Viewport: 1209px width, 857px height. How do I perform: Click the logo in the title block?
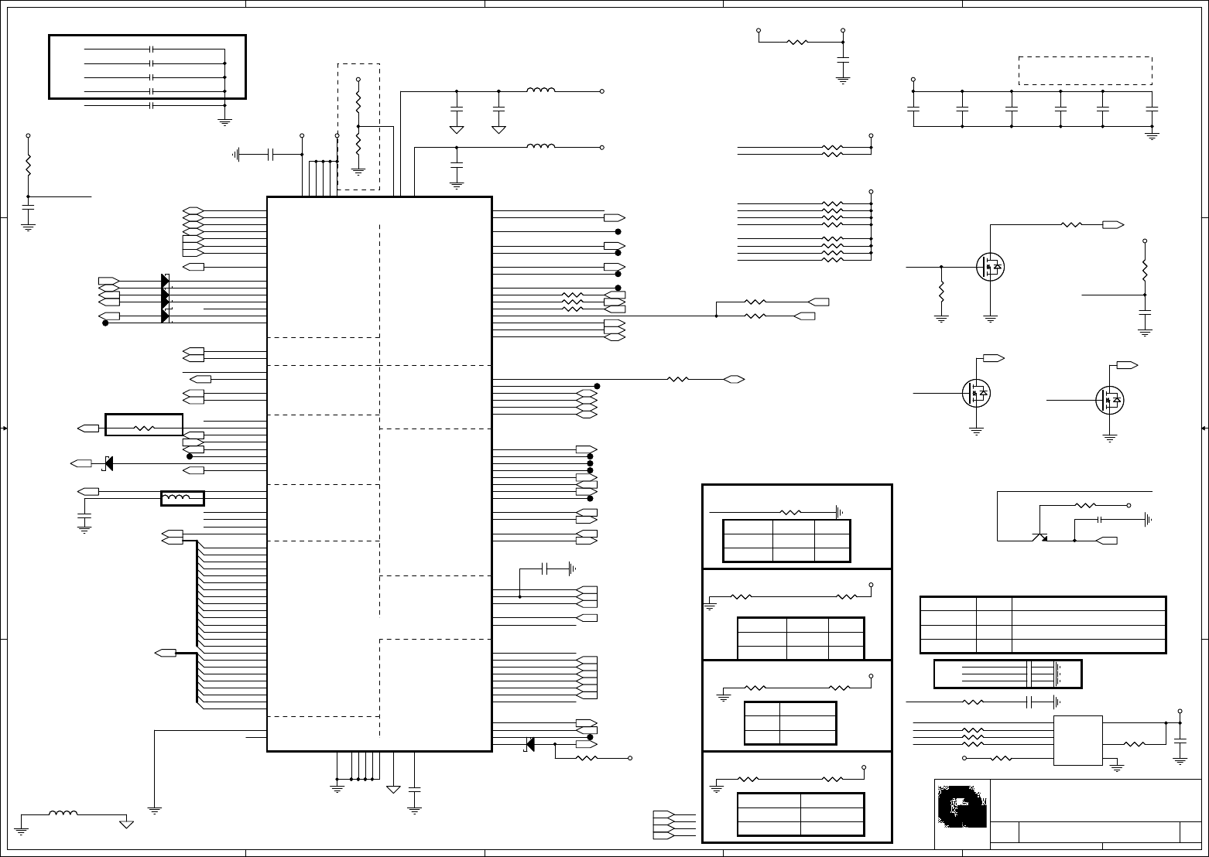pyautogui.click(x=962, y=806)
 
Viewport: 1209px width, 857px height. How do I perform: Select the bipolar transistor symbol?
pyautogui.click(x=1040, y=536)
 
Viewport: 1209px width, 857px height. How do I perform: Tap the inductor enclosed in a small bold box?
pyautogui.click(x=182, y=498)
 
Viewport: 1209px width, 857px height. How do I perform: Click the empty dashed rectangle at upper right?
pyautogui.click(x=1085, y=70)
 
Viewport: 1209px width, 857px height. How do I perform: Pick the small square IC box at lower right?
pyautogui.click(x=1078, y=740)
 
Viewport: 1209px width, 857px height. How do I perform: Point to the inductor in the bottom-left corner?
pyautogui.click(x=63, y=813)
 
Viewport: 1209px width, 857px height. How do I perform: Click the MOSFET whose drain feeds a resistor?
pyautogui.click(x=990, y=267)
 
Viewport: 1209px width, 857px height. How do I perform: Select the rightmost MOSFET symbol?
pyautogui.click(x=1110, y=400)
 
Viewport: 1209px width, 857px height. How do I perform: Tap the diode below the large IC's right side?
pyautogui.click(x=529, y=744)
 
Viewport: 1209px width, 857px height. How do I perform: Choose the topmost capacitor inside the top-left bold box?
pyautogui.click(x=152, y=50)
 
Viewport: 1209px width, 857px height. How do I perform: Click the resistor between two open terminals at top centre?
pyautogui.click(x=797, y=42)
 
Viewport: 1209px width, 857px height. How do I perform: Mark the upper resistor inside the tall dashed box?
pyautogui.click(x=358, y=101)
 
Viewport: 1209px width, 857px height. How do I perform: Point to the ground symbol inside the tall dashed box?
pyautogui.click(x=358, y=172)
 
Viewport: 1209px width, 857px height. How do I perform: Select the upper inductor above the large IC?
pyautogui.click(x=540, y=90)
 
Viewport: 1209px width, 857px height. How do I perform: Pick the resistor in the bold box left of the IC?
pyautogui.click(x=144, y=427)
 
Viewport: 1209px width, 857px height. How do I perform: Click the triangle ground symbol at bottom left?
pyautogui.click(x=126, y=824)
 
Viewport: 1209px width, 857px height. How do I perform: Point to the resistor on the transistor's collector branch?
pyautogui.click(x=1085, y=505)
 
